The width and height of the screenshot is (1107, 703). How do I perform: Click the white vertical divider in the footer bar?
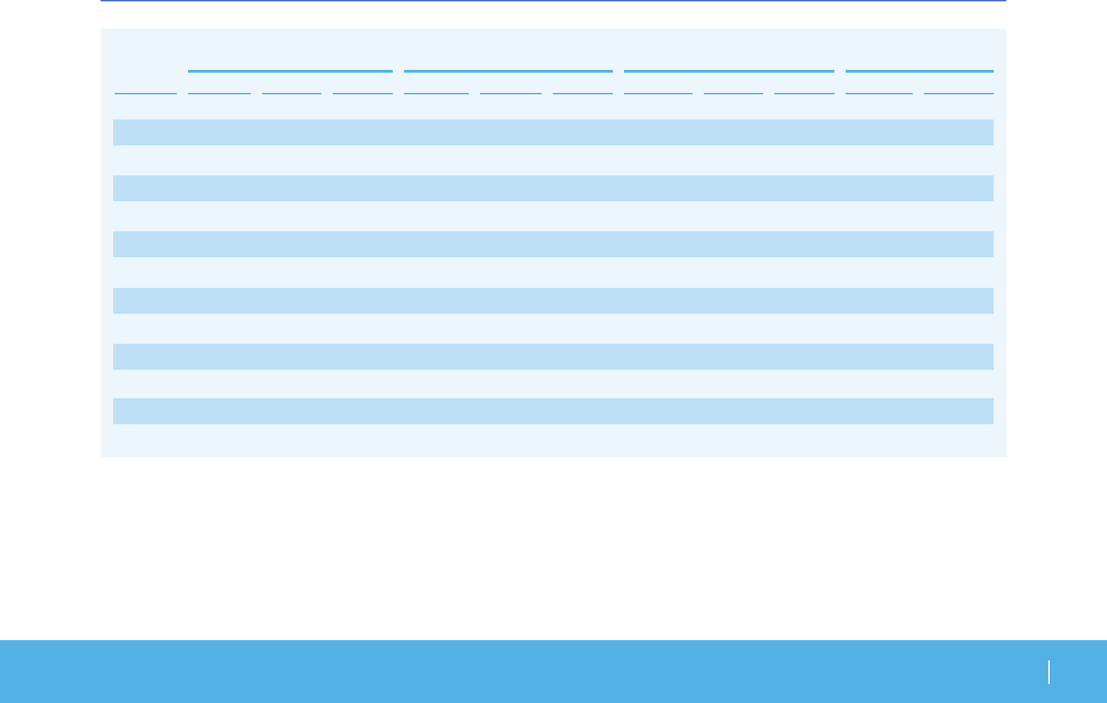pyautogui.click(x=1049, y=672)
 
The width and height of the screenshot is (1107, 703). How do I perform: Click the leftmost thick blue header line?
pyautogui.click(x=290, y=71)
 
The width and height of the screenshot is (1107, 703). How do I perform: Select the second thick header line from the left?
pyautogui.click(x=508, y=71)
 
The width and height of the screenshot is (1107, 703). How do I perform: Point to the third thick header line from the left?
pyautogui.click(x=729, y=71)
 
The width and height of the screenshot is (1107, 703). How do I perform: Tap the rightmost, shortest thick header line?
pyautogui.click(x=919, y=71)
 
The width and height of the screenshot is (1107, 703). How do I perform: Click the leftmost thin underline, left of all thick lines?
pyautogui.click(x=145, y=93)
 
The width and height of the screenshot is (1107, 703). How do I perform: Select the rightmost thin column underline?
pyautogui.click(x=958, y=93)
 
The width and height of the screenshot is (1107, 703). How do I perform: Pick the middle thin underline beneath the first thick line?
pyautogui.click(x=291, y=93)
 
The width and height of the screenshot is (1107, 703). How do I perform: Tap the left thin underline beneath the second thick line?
pyautogui.click(x=436, y=93)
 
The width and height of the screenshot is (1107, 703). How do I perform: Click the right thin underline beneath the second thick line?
pyautogui.click(x=582, y=93)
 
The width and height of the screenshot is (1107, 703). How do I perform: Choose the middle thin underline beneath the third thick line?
pyautogui.click(x=733, y=93)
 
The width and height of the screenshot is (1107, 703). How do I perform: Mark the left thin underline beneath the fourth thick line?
pyautogui.click(x=878, y=93)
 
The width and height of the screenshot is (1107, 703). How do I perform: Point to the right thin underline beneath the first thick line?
pyautogui.click(x=362, y=93)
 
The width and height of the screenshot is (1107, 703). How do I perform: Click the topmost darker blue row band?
pyautogui.click(x=553, y=132)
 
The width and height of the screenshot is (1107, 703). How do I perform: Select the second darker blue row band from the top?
pyautogui.click(x=553, y=188)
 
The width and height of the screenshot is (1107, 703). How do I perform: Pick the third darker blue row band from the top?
pyautogui.click(x=553, y=244)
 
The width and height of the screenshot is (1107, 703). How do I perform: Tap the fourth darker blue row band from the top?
pyautogui.click(x=553, y=300)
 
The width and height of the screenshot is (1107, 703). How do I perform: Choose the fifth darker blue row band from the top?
pyautogui.click(x=553, y=356)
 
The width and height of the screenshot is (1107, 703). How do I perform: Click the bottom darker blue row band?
pyautogui.click(x=553, y=411)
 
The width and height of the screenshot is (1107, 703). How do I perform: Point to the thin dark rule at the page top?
pyautogui.click(x=553, y=1)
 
